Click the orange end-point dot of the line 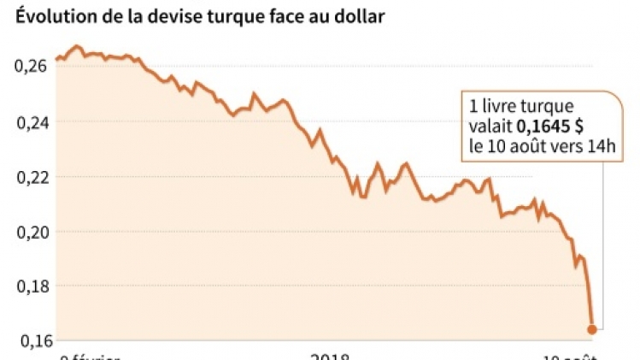(592, 329)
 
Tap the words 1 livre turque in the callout (521, 106)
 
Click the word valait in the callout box (486, 126)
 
